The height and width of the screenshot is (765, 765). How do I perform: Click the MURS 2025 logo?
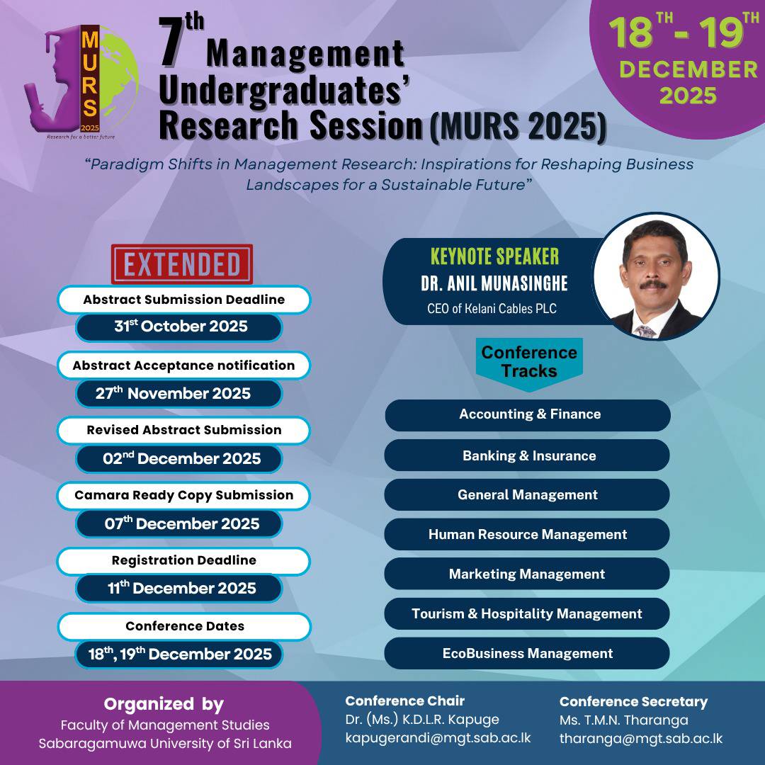coord(81,81)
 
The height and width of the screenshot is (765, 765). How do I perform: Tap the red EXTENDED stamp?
coord(182,264)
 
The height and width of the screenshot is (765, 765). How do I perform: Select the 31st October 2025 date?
coord(181,327)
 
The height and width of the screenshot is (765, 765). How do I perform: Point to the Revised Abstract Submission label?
coord(184,430)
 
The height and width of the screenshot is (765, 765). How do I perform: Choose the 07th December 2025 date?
coord(181,524)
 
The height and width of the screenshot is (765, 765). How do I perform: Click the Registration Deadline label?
coord(184,560)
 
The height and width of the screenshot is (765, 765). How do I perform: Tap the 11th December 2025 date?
coord(180,589)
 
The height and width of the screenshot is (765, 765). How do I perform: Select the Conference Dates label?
coord(184,626)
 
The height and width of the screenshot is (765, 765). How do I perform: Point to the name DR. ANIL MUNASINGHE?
coord(494,284)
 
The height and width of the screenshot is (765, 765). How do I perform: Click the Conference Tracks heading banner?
coord(529,361)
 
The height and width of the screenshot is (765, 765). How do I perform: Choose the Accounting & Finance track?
coord(528,414)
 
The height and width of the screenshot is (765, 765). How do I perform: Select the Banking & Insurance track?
coord(528,455)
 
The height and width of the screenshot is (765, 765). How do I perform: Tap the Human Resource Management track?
coord(527,535)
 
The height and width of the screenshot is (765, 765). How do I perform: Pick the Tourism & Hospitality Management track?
coord(527,614)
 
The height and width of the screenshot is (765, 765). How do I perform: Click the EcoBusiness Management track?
coord(527,654)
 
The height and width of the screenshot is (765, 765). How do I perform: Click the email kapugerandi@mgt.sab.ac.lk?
coord(438,738)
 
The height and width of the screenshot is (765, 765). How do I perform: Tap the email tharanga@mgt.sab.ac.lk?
coord(640,738)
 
